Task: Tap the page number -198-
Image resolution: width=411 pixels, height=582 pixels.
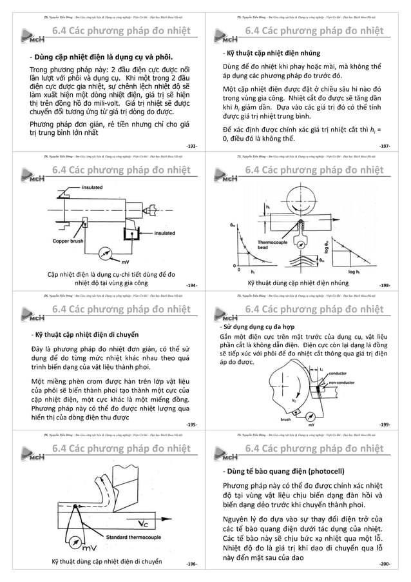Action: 385,285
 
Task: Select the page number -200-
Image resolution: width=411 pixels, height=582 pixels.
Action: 385,563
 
